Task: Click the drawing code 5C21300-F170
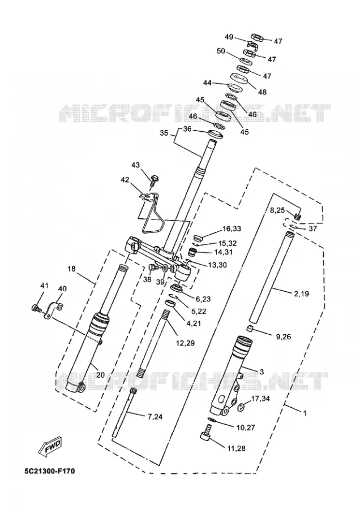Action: pyautogui.click(x=49, y=471)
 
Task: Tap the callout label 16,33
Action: pyautogui.click(x=232, y=228)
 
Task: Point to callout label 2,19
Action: pyautogui.click(x=301, y=294)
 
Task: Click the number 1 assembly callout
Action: pyautogui.click(x=305, y=413)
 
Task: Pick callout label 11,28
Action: pyautogui.click(x=236, y=448)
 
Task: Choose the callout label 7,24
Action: pyautogui.click(x=155, y=417)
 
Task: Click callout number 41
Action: pyautogui.click(x=44, y=286)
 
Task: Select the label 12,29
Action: pyautogui.click(x=185, y=343)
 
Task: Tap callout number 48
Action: pyautogui.click(x=262, y=92)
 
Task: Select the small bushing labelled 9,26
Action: pyautogui.click(x=248, y=329)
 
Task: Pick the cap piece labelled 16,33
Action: pyautogui.click(x=198, y=239)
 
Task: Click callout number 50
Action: pyautogui.click(x=221, y=51)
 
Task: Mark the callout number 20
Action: pyautogui.click(x=100, y=375)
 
